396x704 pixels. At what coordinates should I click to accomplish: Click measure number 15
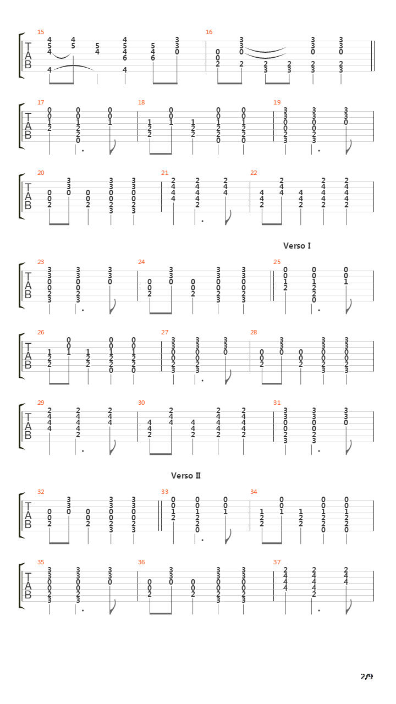click(41, 32)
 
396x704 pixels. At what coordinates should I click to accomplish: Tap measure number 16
click(209, 32)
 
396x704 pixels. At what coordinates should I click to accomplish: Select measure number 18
click(141, 102)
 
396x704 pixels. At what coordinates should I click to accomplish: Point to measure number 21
click(164, 173)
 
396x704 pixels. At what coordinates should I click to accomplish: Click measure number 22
click(254, 173)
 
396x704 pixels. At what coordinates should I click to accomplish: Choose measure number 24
click(141, 262)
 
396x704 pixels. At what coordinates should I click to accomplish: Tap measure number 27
click(164, 332)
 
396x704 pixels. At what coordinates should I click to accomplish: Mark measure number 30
click(141, 403)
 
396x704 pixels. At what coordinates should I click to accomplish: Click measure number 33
click(164, 492)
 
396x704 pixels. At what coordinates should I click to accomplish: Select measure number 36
click(141, 562)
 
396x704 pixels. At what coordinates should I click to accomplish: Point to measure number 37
click(277, 562)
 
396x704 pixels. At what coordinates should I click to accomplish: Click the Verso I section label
click(297, 246)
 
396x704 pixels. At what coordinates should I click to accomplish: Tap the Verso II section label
click(186, 476)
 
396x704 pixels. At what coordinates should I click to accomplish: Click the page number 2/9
click(366, 676)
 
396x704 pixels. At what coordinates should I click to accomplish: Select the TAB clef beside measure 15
click(28, 56)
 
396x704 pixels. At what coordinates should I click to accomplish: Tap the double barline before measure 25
click(272, 285)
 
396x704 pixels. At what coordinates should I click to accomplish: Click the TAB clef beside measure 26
click(28, 356)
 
